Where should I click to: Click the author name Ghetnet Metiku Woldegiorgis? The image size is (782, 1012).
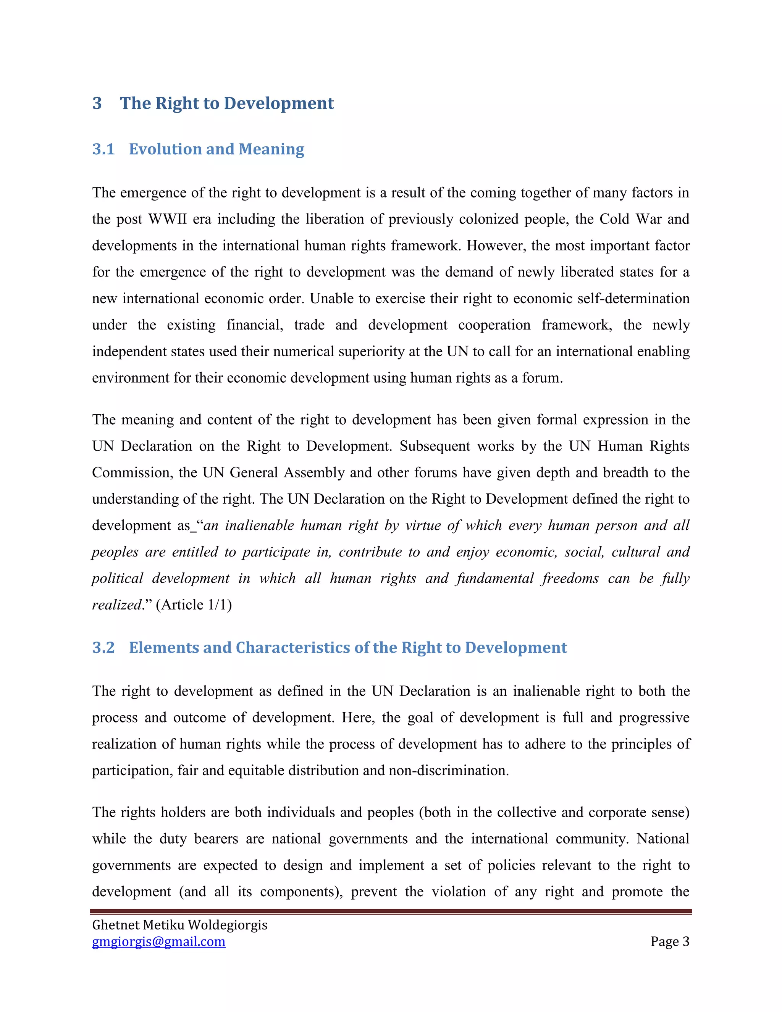click(x=180, y=925)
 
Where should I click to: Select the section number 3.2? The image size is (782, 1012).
click(x=103, y=647)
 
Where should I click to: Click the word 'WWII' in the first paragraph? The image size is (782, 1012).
click(x=167, y=219)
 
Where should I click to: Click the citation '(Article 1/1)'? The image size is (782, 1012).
click(x=194, y=605)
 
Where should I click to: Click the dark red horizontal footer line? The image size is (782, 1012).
click(x=391, y=911)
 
